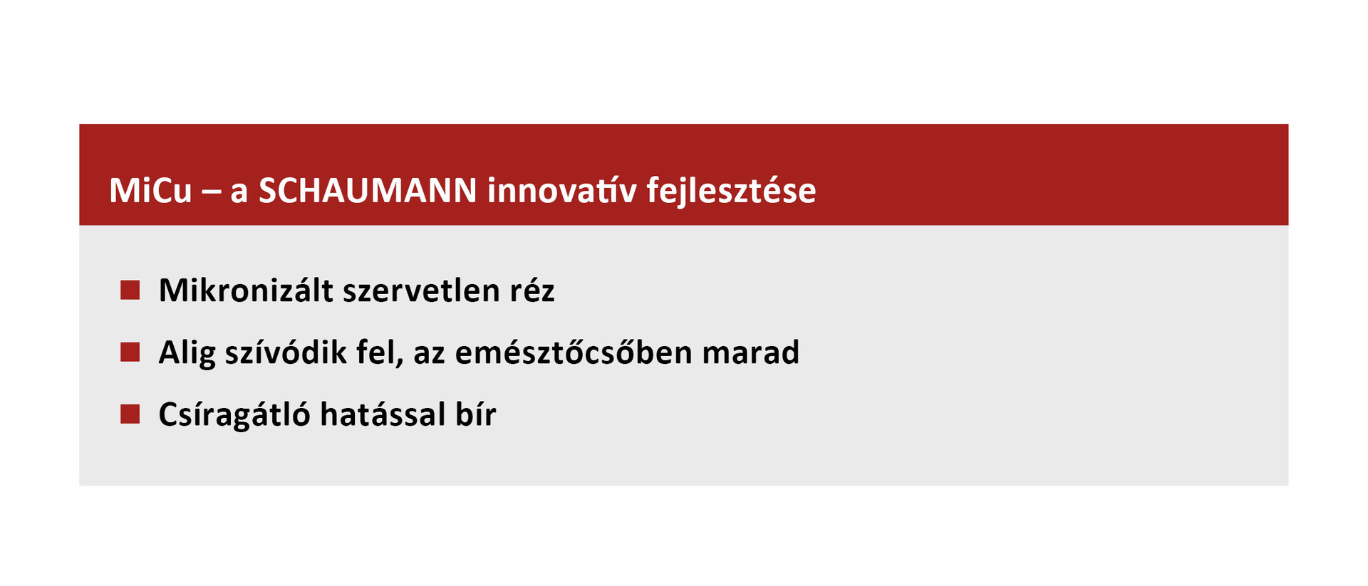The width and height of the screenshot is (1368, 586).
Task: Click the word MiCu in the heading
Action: pyautogui.click(x=150, y=191)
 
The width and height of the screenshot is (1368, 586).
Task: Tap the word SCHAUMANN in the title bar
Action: pyautogui.click(x=368, y=191)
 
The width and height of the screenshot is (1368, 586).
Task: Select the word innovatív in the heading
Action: pyautogui.click(x=562, y=191)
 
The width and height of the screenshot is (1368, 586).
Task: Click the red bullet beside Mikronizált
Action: pyautogui.click(x=130, y=290)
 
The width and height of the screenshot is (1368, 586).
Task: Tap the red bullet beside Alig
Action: pyautogui.click(x=130, y=352)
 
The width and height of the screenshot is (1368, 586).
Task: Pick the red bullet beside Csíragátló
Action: pyautogui.click(x=130, y=414)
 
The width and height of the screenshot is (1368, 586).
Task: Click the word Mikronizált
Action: pyautogui.click(x=246, y=291)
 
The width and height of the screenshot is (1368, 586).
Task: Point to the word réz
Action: pyautogui.click(x=532, y=291)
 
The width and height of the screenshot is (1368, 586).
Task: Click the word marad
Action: pyautogui.click(x=751, y=352)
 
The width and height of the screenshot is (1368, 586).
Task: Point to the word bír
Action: pyautogui.click(x=476, y=414)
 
